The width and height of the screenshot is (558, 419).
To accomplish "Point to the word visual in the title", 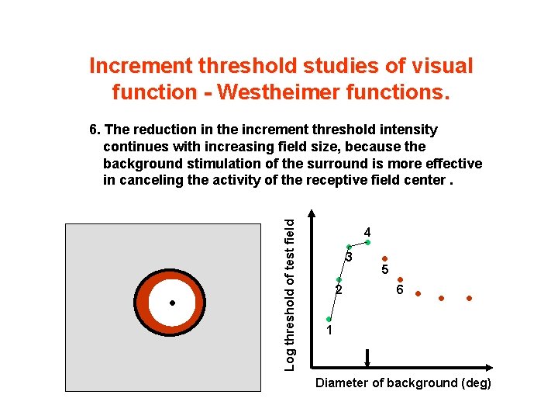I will (x=439, y=66).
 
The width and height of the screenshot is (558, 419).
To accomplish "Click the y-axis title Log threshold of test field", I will (x=289, y=293).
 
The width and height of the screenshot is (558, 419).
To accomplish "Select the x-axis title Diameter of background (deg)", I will (x=403, y=383).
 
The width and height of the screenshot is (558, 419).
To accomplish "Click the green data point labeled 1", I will (x=329, y=319).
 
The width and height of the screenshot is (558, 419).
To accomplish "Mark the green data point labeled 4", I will (x=367, y=242).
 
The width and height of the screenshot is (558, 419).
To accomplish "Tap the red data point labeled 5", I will (x=384, y=259).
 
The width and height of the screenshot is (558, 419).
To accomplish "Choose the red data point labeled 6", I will (x=400, y=279).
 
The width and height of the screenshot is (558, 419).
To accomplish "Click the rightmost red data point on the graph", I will (x=469, y=298).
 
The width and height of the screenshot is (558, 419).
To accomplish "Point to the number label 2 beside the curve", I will (x=338, y=291).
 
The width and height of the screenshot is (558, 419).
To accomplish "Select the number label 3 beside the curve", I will (x=350, y=257).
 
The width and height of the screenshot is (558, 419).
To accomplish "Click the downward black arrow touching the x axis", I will (x=367, y=358).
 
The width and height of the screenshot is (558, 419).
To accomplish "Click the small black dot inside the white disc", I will (x=172, y=303).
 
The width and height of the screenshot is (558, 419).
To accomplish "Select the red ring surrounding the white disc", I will (x=143, y=303).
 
